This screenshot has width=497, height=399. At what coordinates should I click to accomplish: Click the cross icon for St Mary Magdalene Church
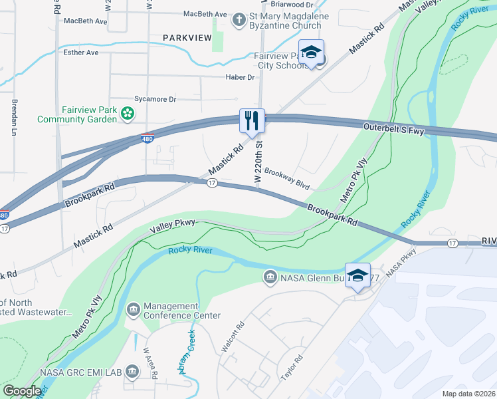point(238,20)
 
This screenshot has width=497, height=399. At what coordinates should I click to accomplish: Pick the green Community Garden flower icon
point(127,114)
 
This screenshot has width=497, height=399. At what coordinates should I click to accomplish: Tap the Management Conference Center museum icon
point(133,310)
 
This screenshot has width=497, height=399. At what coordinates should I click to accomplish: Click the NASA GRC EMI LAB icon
point(132,370)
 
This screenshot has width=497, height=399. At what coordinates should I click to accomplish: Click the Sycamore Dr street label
point(155,99)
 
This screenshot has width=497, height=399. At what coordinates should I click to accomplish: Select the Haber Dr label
point(242,77)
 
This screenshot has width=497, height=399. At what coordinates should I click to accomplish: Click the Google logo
point(22,391)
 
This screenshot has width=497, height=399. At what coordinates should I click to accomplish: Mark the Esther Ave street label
point(81,52)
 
